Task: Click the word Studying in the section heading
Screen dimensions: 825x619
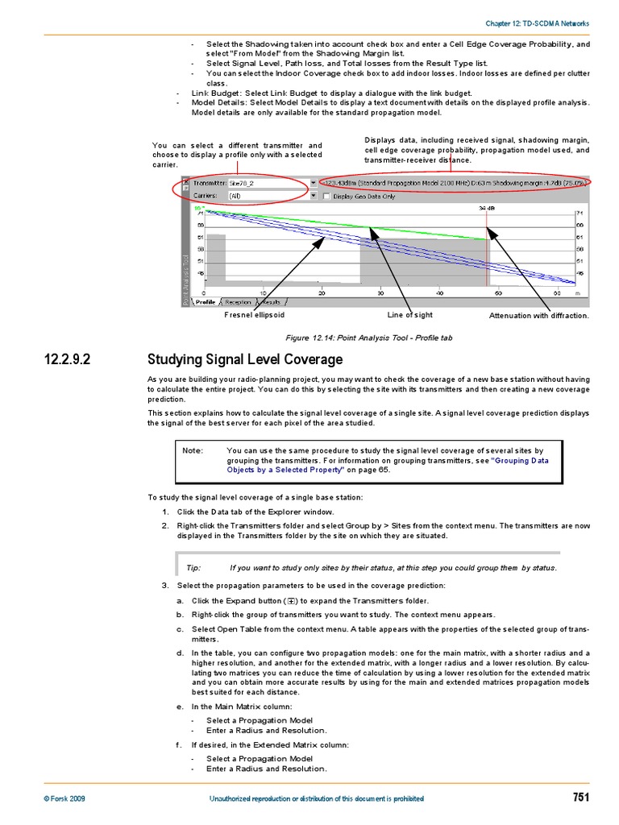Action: point(174,359)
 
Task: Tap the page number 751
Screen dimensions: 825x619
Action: point(580,798)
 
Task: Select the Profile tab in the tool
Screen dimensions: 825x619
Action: point(206,302)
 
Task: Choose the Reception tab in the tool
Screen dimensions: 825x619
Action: point(237,302)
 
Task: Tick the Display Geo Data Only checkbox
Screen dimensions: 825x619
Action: point(326,196)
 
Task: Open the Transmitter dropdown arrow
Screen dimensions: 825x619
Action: point(313,183)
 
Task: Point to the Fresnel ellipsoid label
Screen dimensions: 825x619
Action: point(254,316)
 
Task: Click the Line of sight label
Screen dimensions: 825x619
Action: point(409,316)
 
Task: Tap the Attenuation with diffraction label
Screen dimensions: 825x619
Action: point(538,316)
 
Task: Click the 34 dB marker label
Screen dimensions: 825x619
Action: point(486,208)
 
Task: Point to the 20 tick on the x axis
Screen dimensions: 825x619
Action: point(322,293)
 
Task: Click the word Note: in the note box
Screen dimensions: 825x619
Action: point(193,451)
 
